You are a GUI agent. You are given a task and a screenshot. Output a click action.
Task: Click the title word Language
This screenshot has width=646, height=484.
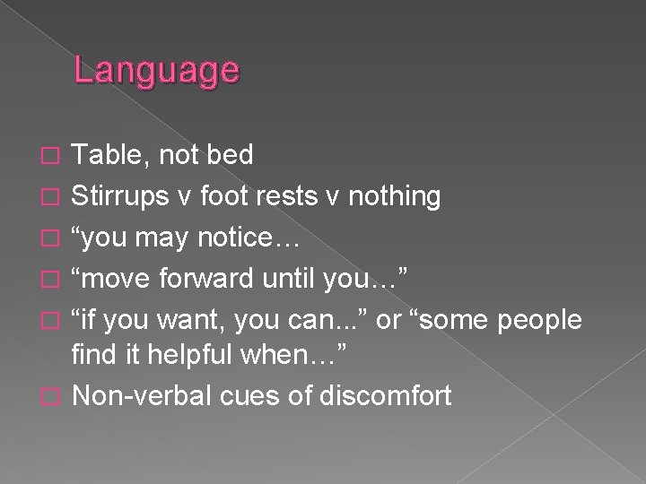[156, 71]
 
